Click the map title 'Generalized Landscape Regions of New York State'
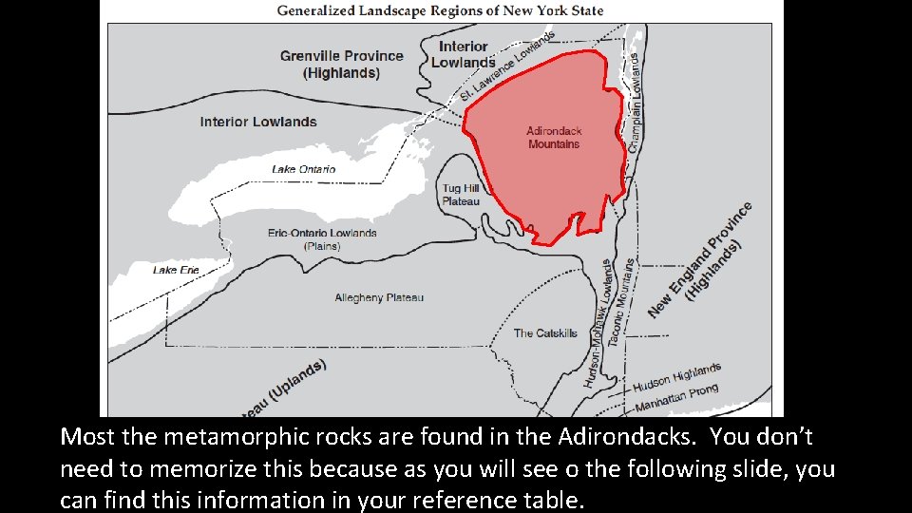(x=440, y=11)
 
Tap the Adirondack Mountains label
(x=554, y=138)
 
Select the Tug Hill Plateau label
(x=461, y=195)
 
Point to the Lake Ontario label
(x=303, y=169)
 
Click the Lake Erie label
(x=177, y=271)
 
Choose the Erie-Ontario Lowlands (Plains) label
(x=322, y=239)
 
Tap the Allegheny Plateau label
(x=379, y=297)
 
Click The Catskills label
(x=545, y=333)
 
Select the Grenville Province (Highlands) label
(x=341, y=64)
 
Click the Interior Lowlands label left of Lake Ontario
(x=258, y=122)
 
